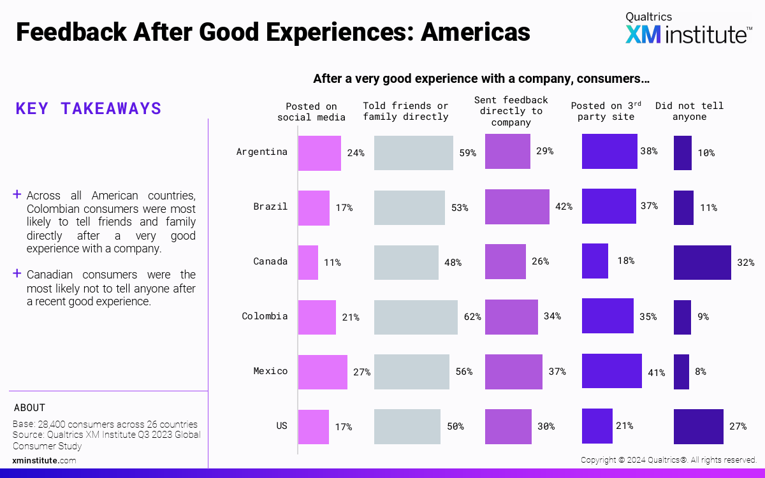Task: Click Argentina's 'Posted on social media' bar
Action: [319, 153]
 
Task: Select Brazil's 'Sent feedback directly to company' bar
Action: [517, 206]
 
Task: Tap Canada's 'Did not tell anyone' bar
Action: [702, 263]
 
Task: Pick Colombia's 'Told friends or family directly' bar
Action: [416, 317]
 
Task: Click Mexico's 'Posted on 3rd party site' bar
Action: [611, 371]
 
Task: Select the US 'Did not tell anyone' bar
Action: [698, 426]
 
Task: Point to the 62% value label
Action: [472, 317]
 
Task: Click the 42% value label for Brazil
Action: [564, 206]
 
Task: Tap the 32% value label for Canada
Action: [746, 263]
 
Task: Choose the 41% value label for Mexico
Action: [657, 372]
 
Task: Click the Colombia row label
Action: [265, 316]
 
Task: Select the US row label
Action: [281, 426]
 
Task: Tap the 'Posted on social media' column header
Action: [311, 112]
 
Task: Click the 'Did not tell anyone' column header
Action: [689, 111]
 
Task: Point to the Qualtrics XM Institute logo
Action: [687, 29]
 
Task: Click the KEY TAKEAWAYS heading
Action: [89, 108]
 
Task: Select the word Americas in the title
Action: [475, 32]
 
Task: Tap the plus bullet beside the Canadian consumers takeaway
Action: [17, 273]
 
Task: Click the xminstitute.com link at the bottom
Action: [44, 460]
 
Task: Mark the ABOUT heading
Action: [29, 408]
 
